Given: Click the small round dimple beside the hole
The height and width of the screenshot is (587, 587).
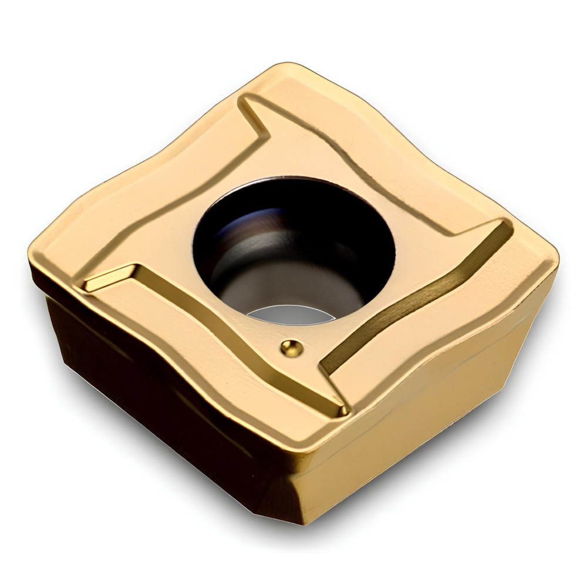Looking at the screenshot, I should (292, 348).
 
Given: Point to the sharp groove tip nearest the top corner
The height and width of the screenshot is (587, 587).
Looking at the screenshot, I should (244, 100).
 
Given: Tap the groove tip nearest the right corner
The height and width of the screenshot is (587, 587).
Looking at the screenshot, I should (505, 223).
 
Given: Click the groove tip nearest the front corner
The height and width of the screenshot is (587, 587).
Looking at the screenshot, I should (342, 411).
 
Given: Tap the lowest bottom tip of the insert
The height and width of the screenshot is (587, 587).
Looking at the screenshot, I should (302, 522).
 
